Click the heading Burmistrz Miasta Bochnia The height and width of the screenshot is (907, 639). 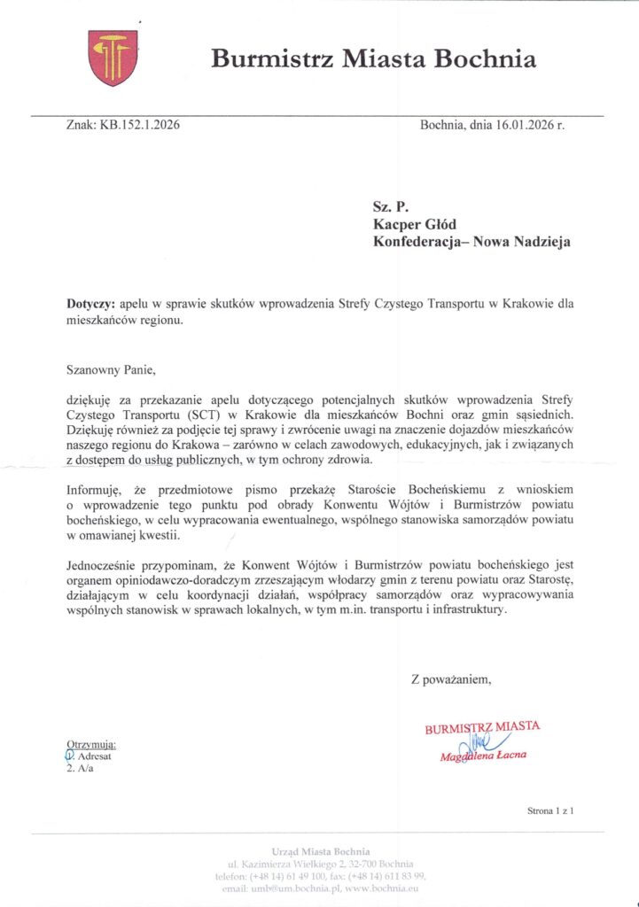point(373,59)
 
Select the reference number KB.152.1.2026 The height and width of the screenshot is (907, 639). point(140,125)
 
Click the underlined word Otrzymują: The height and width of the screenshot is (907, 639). point(91,744)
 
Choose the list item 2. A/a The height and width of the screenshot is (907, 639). point(80,768)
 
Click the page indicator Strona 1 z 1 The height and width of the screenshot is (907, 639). point(550,810)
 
